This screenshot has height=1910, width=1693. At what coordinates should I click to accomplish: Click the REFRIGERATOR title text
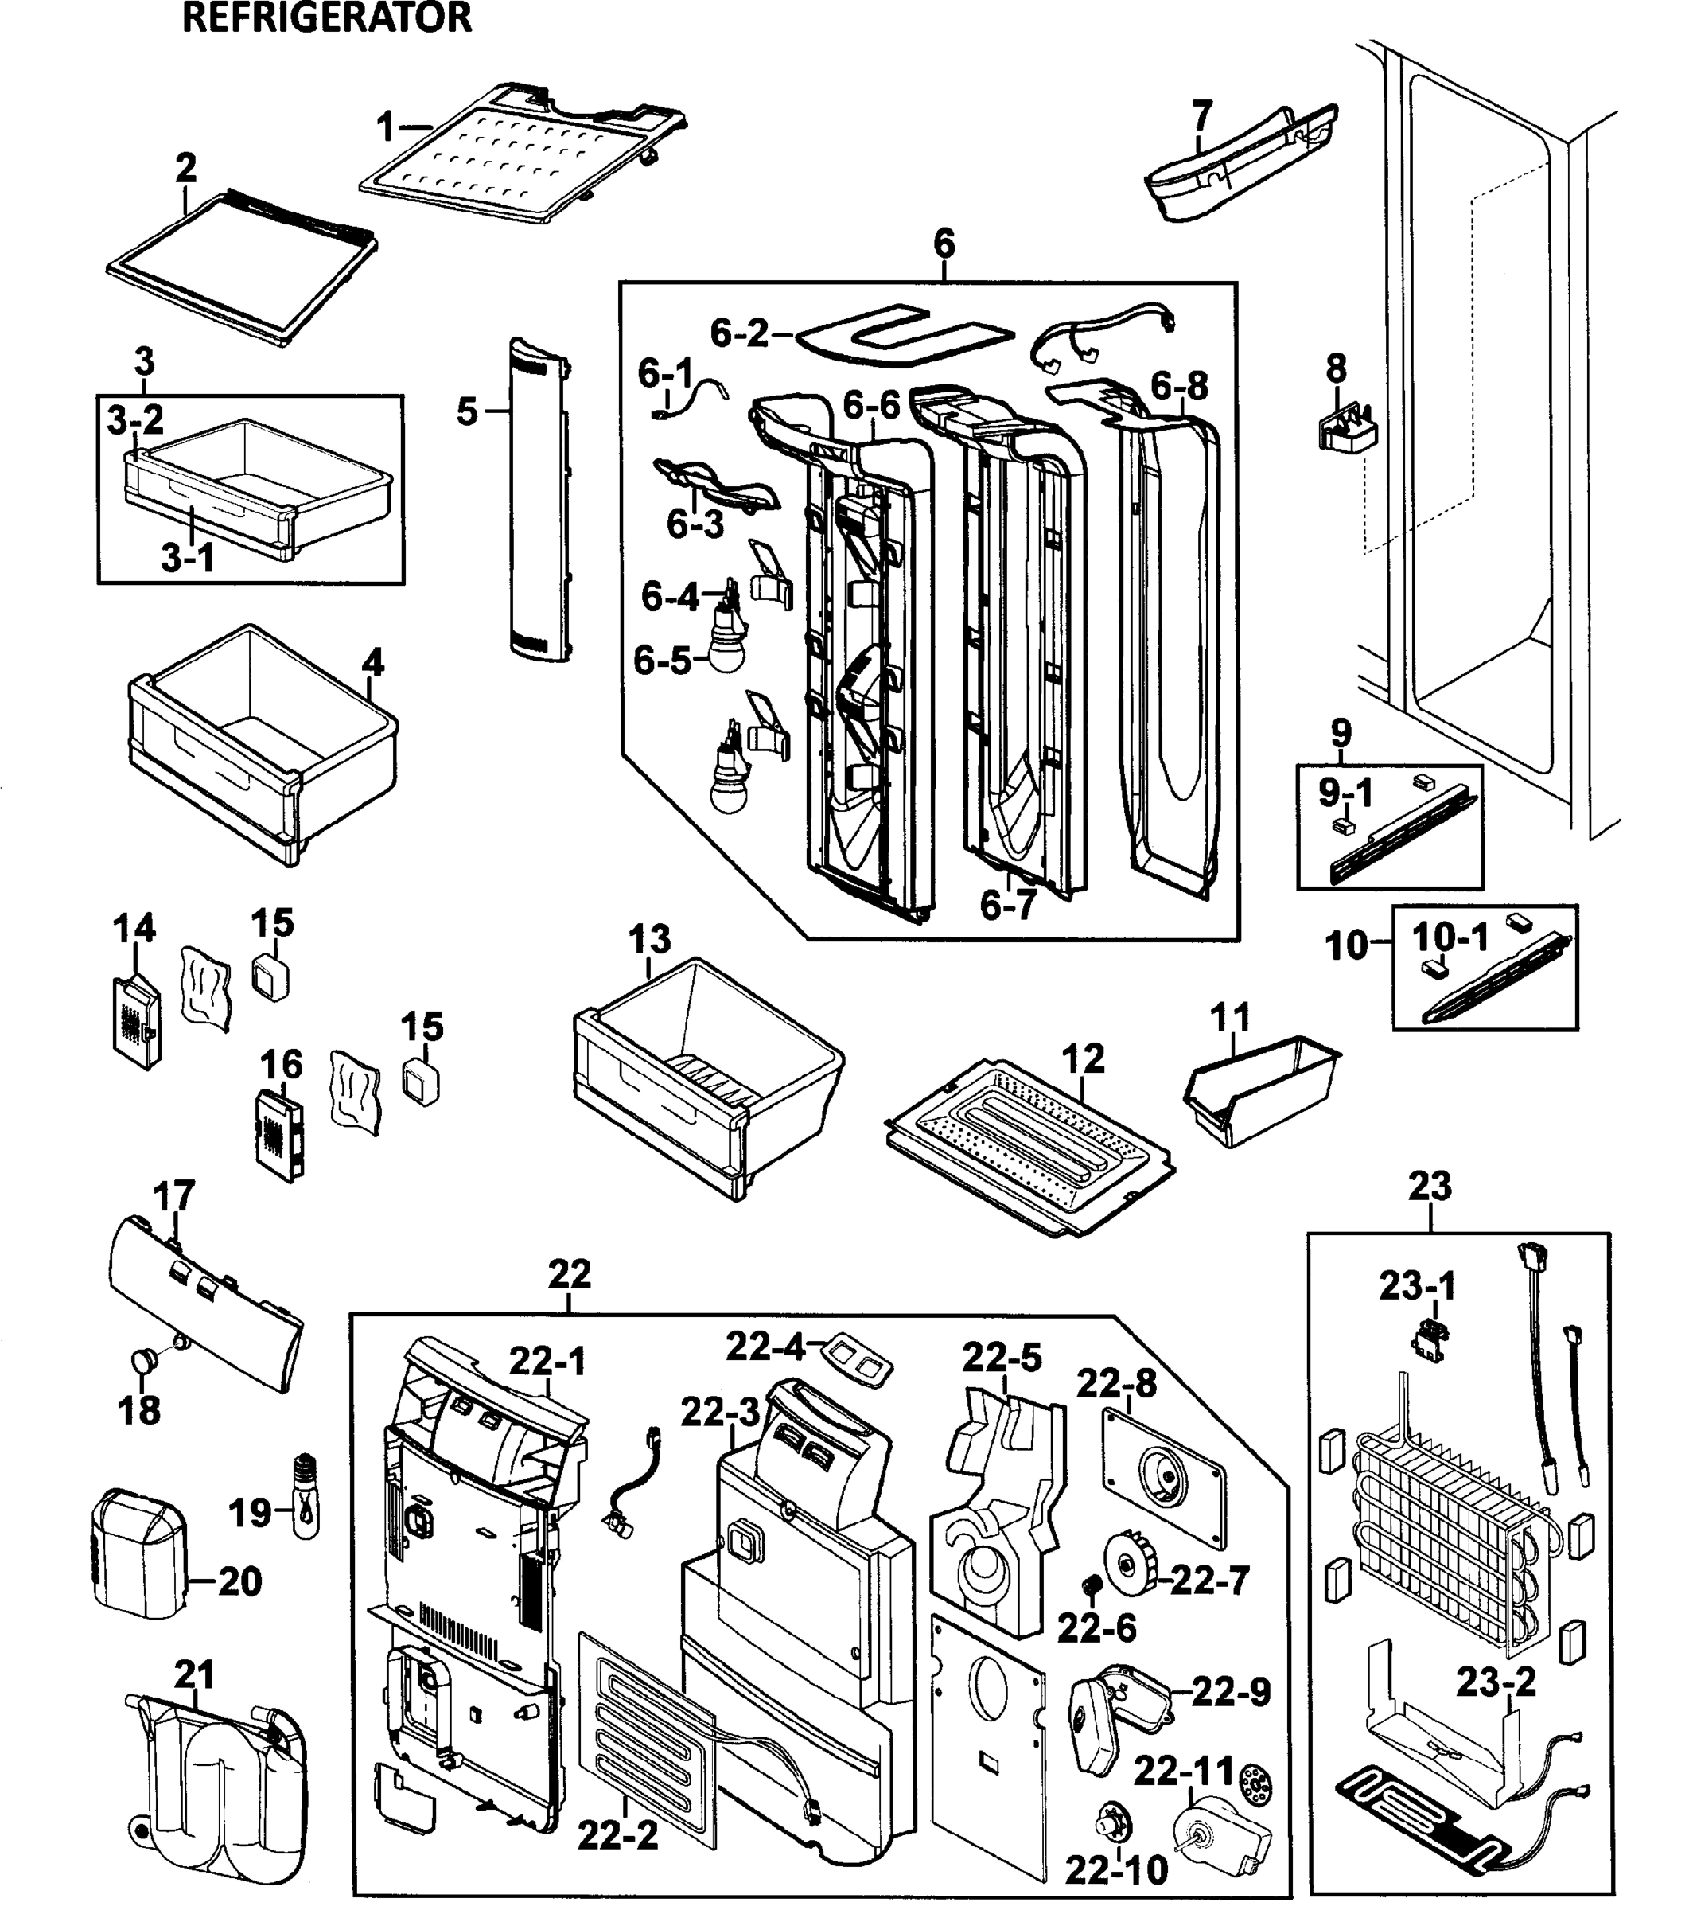click(x=326, y=18)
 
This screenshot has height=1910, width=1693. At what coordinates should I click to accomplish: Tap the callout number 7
click(x=1201, y=116)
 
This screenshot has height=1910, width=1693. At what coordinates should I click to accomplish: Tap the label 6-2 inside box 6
click(x=739, y=333)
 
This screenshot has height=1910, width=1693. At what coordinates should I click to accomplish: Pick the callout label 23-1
click(x=1416, y=1287)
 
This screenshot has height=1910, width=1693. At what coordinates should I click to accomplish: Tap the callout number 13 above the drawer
click(x=649, y=938)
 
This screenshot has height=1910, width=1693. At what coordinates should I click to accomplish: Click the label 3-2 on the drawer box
click(x=135, y=420)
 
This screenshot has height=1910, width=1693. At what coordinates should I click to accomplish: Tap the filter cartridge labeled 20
click(x=140, y=1567)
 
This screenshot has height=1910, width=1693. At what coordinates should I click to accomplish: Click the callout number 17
click(x=173, y=1195)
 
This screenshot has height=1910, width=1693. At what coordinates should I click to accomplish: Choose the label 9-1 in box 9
click(x=1345, y=793)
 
